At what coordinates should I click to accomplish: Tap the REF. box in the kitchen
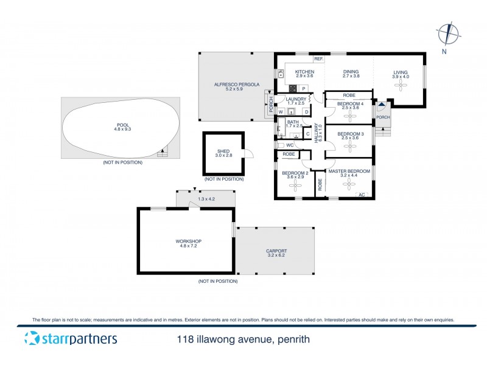(318, 59)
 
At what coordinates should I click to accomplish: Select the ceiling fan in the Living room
(401, 86)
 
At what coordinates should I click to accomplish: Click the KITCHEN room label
(304, 71)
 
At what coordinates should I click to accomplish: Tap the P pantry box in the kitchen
(303, 88)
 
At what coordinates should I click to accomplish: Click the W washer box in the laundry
(281, 112)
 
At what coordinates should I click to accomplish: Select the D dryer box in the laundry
(306, 112)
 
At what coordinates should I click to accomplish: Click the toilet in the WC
(282, 145)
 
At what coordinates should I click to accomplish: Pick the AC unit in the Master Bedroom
(361, 195)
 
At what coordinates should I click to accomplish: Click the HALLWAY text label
(317, 145)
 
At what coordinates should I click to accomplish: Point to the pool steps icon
(162, 153)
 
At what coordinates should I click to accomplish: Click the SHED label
(223, 151)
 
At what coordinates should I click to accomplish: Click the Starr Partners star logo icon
(30, 339)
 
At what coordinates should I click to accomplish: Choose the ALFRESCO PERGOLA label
(234, 85)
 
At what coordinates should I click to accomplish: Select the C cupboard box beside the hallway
(307, 133)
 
